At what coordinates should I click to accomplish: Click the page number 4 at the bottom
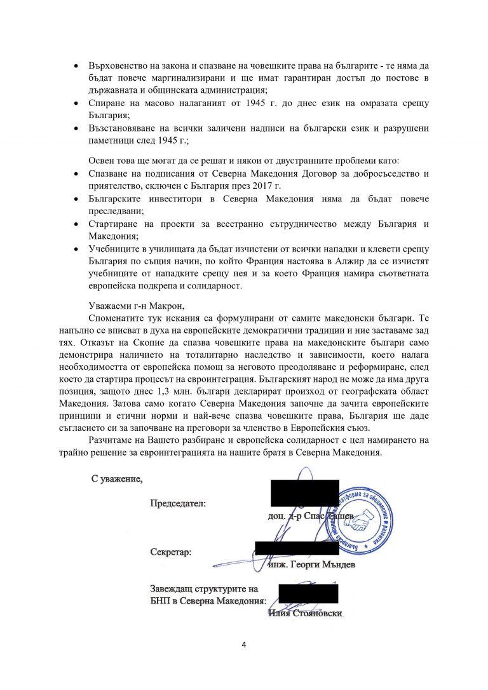point(244,646)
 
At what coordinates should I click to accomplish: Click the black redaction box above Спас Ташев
point(304,493)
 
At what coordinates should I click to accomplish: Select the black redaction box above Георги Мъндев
point(297,548)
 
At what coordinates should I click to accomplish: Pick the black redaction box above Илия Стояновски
point(308,593)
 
